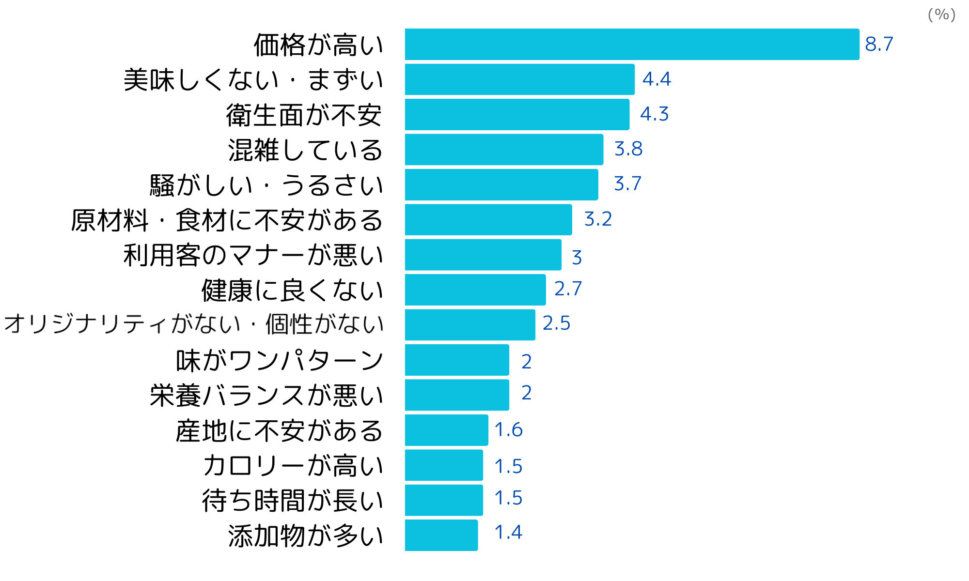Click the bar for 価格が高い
coord(632,45)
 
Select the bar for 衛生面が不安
coord(517,115)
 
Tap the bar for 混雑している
coord(504,150)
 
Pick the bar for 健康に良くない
coord(475,290)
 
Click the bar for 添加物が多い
coord(441,535)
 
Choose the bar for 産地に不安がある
coord(446,430)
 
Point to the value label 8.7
coord(879,44)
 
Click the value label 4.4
coord(656,79)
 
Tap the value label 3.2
coord(598,219)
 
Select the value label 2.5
coord(556,323)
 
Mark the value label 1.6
coord(508,430)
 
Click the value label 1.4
coord(508,533)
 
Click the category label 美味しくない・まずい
coord(253,80)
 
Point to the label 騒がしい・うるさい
coord(266,185)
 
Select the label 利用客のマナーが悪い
coord(253,255)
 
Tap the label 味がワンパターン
coord(280,360)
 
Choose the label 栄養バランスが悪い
coord(266,395)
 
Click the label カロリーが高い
coord(293,465)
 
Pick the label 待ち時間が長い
coord(293,500)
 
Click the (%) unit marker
coord(941,15)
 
